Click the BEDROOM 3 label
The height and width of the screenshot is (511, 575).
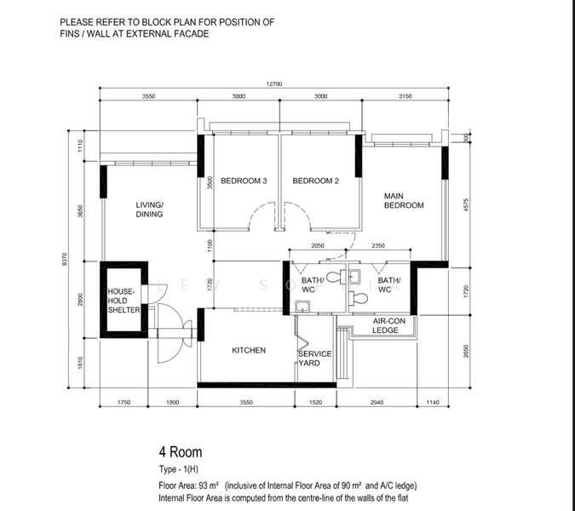(244, 181)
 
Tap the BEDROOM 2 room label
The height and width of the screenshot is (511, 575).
(316, 181)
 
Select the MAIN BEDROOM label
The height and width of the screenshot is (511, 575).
(403, 200)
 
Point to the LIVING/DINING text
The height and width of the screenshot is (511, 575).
(149, 210)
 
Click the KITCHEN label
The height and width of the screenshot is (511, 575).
(249, 350)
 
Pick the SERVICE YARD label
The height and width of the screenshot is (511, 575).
(314, 359)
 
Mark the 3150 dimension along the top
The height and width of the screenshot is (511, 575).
(405, 97)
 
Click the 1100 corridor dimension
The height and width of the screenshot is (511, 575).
(209, 245)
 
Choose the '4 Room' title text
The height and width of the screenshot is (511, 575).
(180, 452)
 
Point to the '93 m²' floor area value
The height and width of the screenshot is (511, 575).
(209, 485)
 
